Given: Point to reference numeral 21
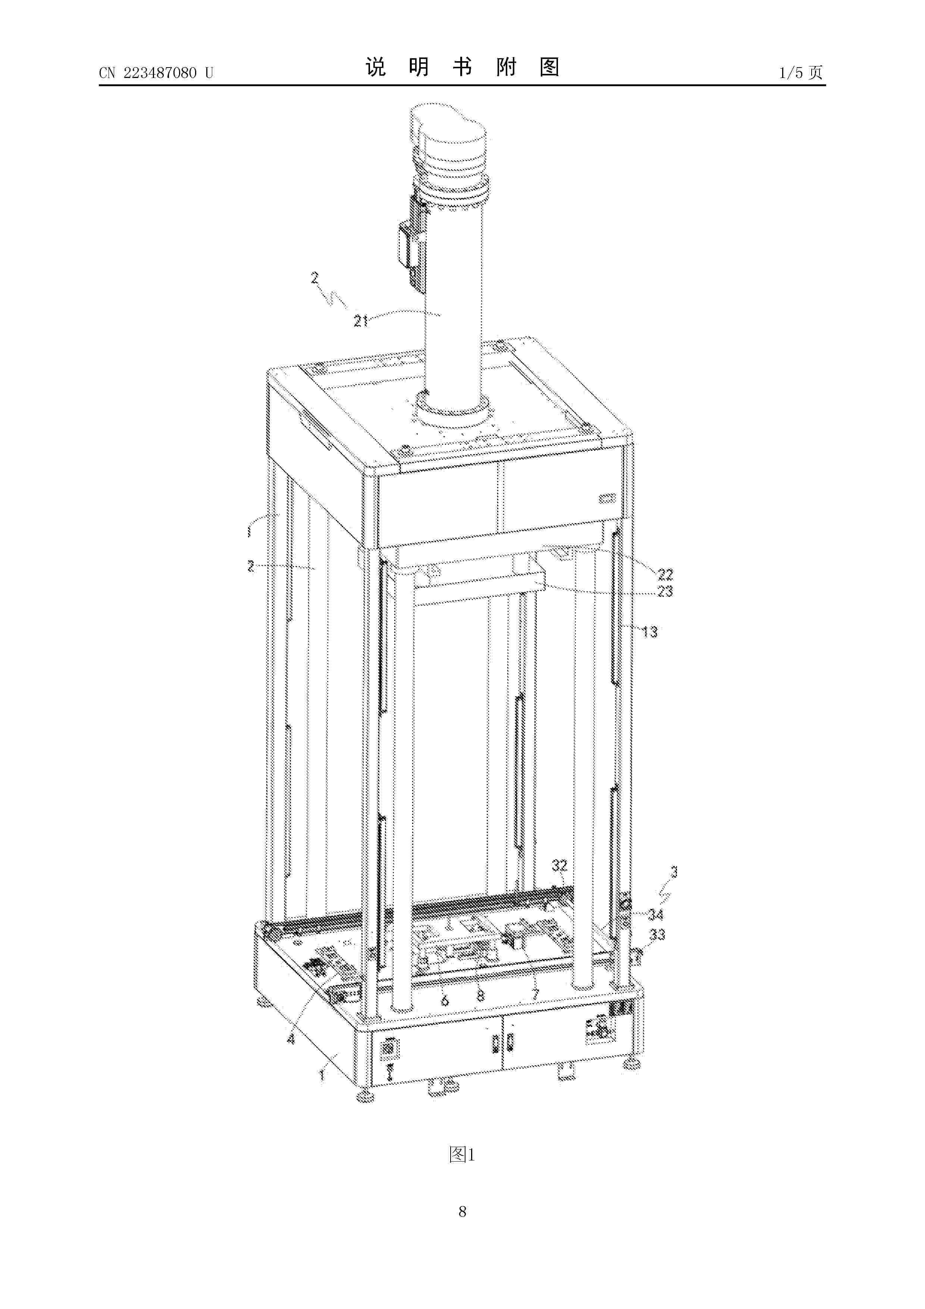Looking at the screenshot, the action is (361, 322).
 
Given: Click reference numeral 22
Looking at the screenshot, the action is (665, 574).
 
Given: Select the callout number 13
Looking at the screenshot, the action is (650, 632).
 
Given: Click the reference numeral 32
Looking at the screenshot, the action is (560, 865).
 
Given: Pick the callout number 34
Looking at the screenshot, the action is (656, 915).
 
